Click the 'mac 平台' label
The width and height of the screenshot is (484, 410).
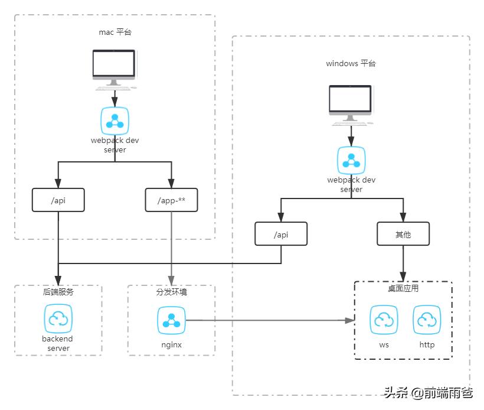click(115, 32)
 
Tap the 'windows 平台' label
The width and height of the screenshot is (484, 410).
click(351, 63)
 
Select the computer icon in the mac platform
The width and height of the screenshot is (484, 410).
click(115, 67)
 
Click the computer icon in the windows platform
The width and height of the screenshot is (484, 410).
click(351, 104)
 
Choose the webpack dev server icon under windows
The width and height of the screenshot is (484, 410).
click(351, 161)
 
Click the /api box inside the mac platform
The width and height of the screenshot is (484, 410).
click(58, 200)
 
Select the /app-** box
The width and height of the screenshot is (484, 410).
click(171, 200)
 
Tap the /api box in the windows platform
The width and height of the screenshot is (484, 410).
click(281, 235)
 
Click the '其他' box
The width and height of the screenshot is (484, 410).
click(403, 235)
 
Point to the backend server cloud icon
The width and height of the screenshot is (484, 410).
click(58, 319)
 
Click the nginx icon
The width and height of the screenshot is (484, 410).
click(171, 320)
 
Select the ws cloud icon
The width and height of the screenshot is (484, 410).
click(384, 320)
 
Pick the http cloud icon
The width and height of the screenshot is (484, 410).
click(427, 320)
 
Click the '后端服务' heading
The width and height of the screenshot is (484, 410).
click(58, 292)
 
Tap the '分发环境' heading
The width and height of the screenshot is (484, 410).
click(171, 292)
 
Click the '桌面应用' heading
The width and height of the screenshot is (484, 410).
click(403, 289)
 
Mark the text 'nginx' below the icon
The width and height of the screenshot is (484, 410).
click(171, 344)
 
